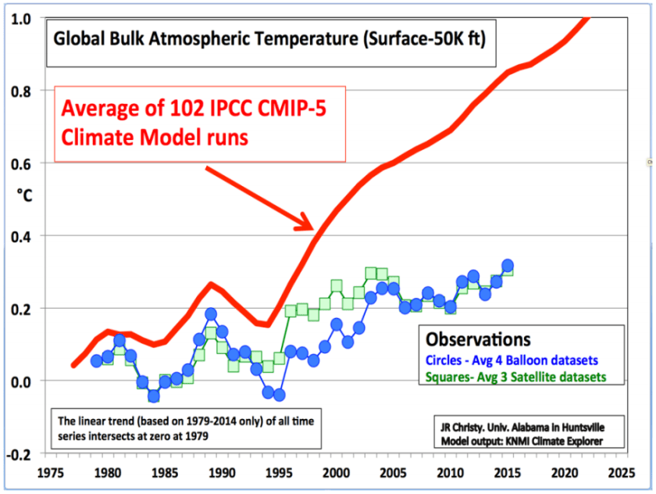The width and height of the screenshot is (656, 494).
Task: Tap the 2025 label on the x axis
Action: click(x=622, y=473)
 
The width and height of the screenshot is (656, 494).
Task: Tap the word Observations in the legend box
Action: click(x=478, y=340)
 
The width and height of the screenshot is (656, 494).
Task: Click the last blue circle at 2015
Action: click(x=508, y=266)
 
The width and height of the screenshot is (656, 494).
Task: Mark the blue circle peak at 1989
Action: click(x=211, y=314)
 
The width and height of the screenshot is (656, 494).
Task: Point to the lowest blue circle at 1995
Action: click(x=279, y=395)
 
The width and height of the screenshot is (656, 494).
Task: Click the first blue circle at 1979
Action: click(x=96, y=360)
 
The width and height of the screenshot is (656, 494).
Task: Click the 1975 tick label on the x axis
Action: click(x=50, y=473)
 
